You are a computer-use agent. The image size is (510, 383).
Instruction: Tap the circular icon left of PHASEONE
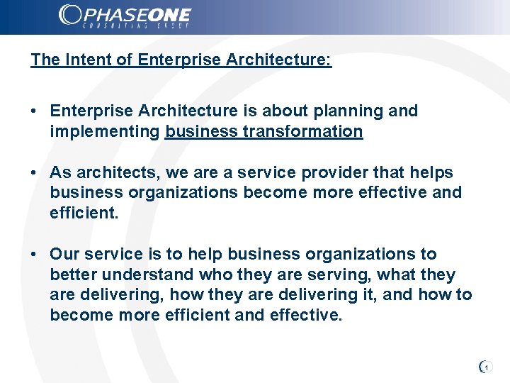pos(69,15)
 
